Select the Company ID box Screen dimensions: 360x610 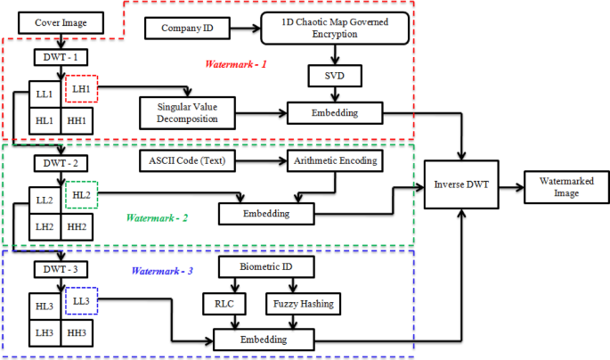(x=186, y=29)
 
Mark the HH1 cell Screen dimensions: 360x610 (x=77, y=120)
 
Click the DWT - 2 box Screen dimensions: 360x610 (x=61, y=163)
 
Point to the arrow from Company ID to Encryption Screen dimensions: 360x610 (x=243, y=29)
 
